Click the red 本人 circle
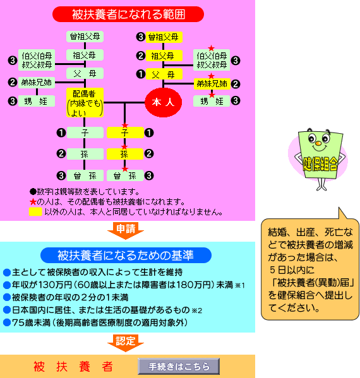click(x=164, y=102)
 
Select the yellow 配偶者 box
click(x=85, y=103)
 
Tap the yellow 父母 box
click(x=164, y=74)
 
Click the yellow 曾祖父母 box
click(x=164, y=37)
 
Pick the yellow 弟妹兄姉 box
click(x=212, y=84)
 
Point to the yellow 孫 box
click(x=125, y=154)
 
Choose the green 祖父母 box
click(x=85, y=55)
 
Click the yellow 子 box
click(x=125, y=133)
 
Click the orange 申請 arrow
click(x=126, y=230)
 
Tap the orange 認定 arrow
click(x=126, y=343)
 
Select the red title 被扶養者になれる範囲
click(x=128, y=15)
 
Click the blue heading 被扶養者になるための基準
click(x=126, y=255)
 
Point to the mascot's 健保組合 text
click(x=320, y=164)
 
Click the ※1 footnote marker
click(x=240, y=285)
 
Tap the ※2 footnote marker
click(x=197, y=310)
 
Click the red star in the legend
click(x=33, y=201)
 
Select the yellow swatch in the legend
click(x=35, y=211)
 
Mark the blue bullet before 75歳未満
click(x=7, y=322)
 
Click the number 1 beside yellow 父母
click(x=141, y=74)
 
